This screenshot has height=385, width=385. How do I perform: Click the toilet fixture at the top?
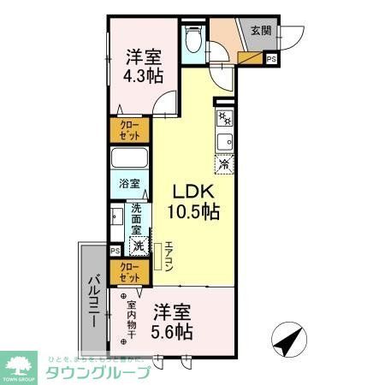tap(193, 40)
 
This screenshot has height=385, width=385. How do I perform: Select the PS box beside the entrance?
tap(271, 59)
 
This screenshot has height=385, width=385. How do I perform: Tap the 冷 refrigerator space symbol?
tap(224, 163)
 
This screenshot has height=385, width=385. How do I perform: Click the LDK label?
tap(193, 190)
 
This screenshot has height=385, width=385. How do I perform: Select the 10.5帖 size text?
tap(194, 210)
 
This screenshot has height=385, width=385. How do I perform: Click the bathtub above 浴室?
tap(130, 160)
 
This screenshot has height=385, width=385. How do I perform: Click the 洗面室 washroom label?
tap(137, 220)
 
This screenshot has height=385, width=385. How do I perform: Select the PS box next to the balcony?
tap(115, 251)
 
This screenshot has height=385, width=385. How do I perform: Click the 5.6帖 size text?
tap(171, 331)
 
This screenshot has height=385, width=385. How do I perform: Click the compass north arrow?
tap(287, 342)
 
